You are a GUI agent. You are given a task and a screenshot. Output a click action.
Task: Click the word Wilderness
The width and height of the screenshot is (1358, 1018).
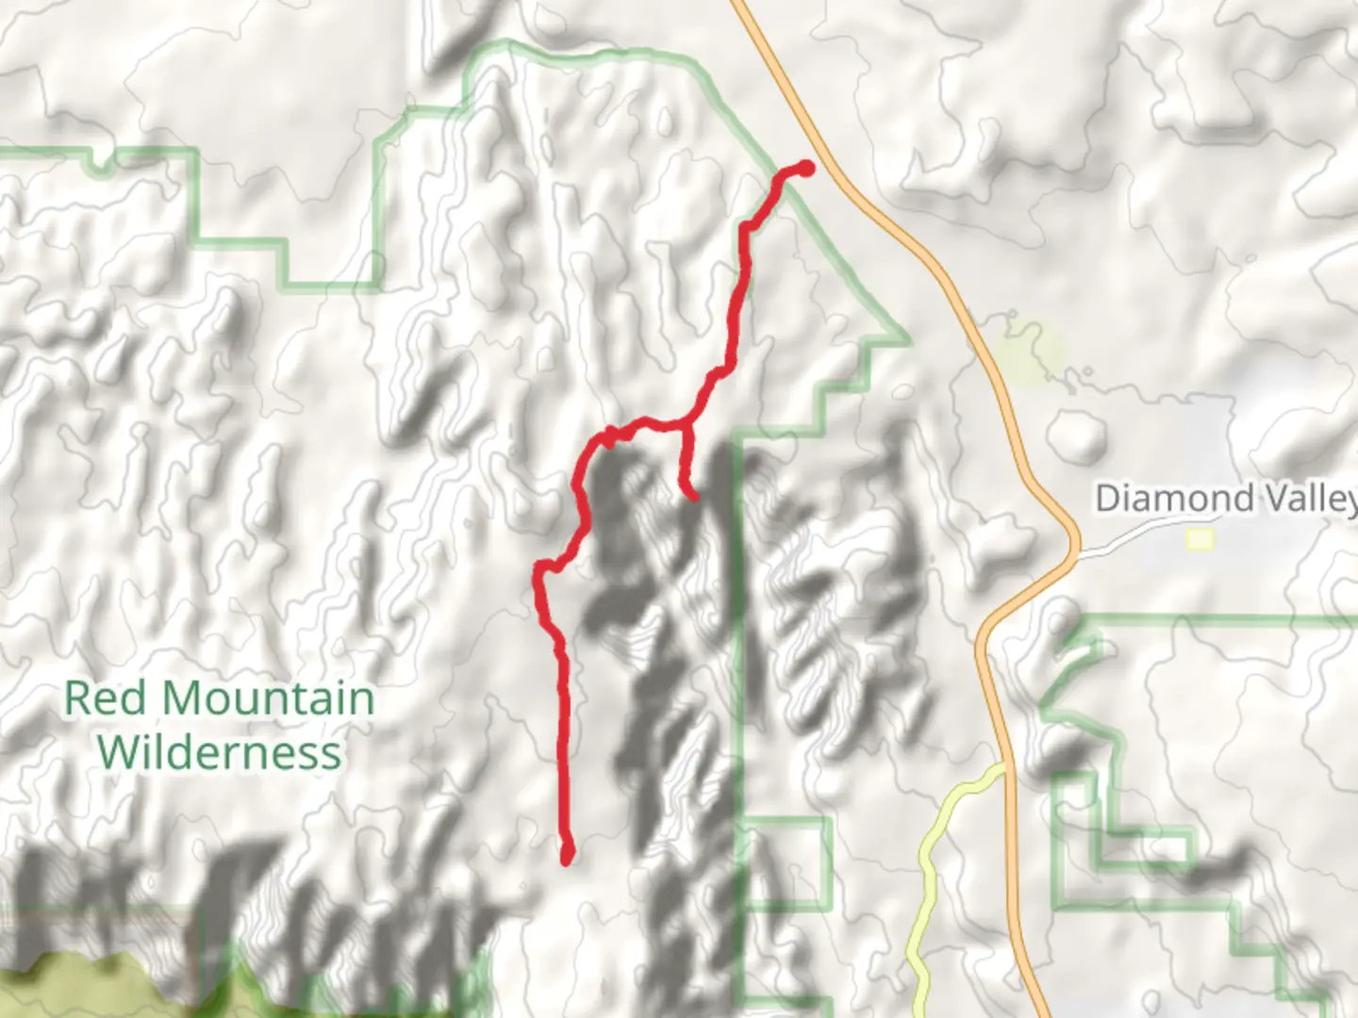click(x=219, y=752)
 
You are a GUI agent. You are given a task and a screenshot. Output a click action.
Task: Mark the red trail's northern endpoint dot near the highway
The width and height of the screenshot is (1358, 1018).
click(x=806, y=168)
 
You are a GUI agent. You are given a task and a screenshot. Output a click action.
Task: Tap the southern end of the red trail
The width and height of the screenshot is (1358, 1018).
click(x=568, y=856)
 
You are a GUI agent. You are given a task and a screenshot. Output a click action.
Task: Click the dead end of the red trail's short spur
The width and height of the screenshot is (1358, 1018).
click(x=693, y=495)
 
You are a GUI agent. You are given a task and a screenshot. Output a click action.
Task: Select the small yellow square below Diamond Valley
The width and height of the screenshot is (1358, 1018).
click(x=1201, y=539)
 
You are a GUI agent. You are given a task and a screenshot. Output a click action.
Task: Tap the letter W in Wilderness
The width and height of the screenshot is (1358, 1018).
click(x=117, y=752)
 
